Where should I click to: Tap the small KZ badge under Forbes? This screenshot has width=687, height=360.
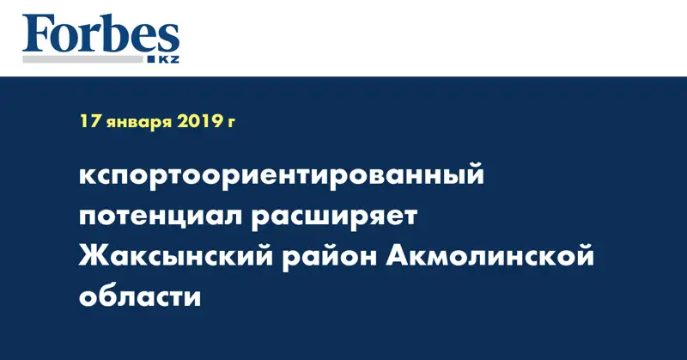(167, 58)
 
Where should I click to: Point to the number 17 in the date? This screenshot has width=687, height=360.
(89, 122)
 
